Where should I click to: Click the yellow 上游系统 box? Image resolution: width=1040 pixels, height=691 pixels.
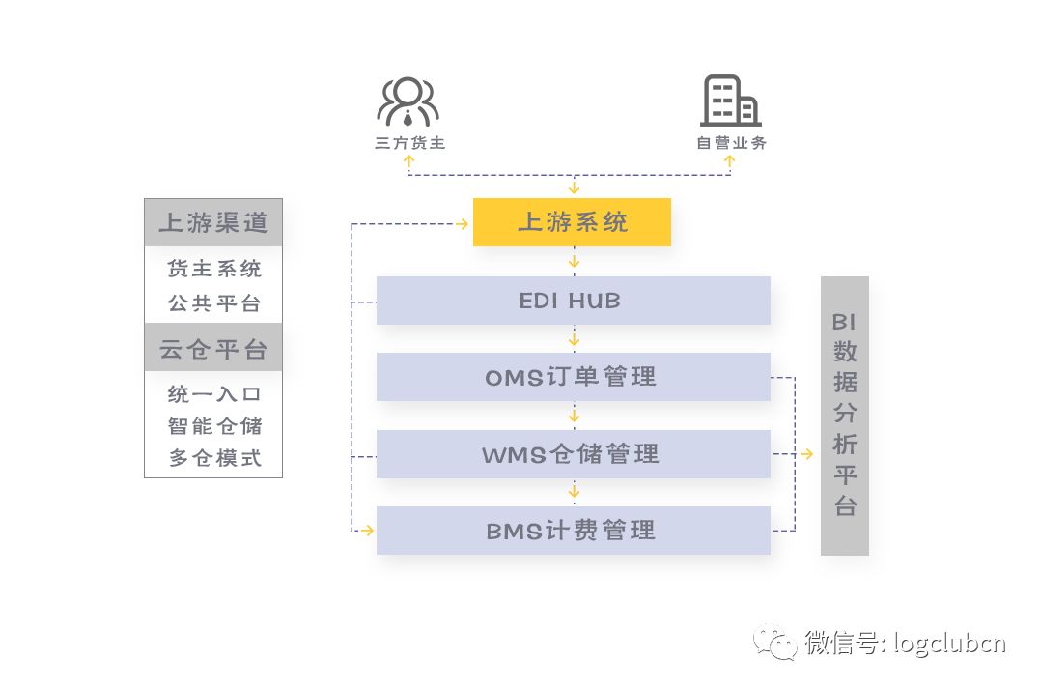click(572, 222)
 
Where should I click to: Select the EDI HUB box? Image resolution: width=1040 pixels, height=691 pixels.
click(573, 301)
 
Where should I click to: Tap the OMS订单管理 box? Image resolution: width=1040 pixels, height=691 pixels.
click(573, 377)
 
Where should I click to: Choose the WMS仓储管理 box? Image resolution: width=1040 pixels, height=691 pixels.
click(573, 454)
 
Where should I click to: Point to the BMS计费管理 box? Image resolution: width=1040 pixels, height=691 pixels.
click(573, 531)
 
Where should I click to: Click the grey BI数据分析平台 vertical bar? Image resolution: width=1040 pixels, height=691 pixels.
click(845, 416)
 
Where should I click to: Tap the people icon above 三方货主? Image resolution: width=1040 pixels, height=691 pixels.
click(408, 101)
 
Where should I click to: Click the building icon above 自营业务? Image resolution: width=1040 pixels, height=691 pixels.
click(730, 101)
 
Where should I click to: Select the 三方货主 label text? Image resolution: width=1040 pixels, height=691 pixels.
click(410, 143)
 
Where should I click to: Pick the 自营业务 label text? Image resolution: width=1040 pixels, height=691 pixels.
click(732, 143)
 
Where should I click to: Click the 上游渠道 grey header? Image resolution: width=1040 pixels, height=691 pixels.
click(213, 222)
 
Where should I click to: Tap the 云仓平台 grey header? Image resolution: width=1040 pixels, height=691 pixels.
click(213, 349)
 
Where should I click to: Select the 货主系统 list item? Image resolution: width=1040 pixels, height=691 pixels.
click(214, 269)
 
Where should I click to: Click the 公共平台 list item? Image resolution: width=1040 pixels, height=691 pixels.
click(214, 303)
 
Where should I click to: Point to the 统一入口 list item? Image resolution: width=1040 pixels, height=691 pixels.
click(214, 394)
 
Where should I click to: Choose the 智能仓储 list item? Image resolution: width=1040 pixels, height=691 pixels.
click(214, 426)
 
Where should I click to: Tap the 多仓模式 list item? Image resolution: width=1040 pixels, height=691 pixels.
click(214, 458)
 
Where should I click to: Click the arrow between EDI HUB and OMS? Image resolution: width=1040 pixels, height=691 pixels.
click(574, 339)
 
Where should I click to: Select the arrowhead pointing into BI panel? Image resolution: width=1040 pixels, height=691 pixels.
click(808, 454)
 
